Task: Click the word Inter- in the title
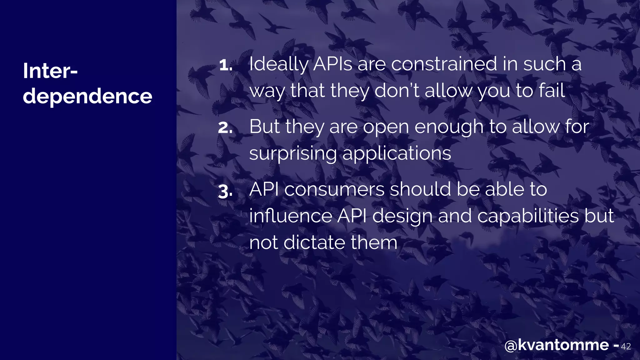(50, 71)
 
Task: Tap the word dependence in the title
(87, 96)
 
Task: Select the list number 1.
(225, 65)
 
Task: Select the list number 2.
(225, 128)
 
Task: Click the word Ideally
(278, 65)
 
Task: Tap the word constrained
(444, 64)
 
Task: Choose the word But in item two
(264, 127)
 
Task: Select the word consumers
(334, 190)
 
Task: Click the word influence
(291, 216)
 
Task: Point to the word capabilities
(528, 216)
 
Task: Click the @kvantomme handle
(557, 345)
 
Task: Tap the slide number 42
(626, 347)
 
